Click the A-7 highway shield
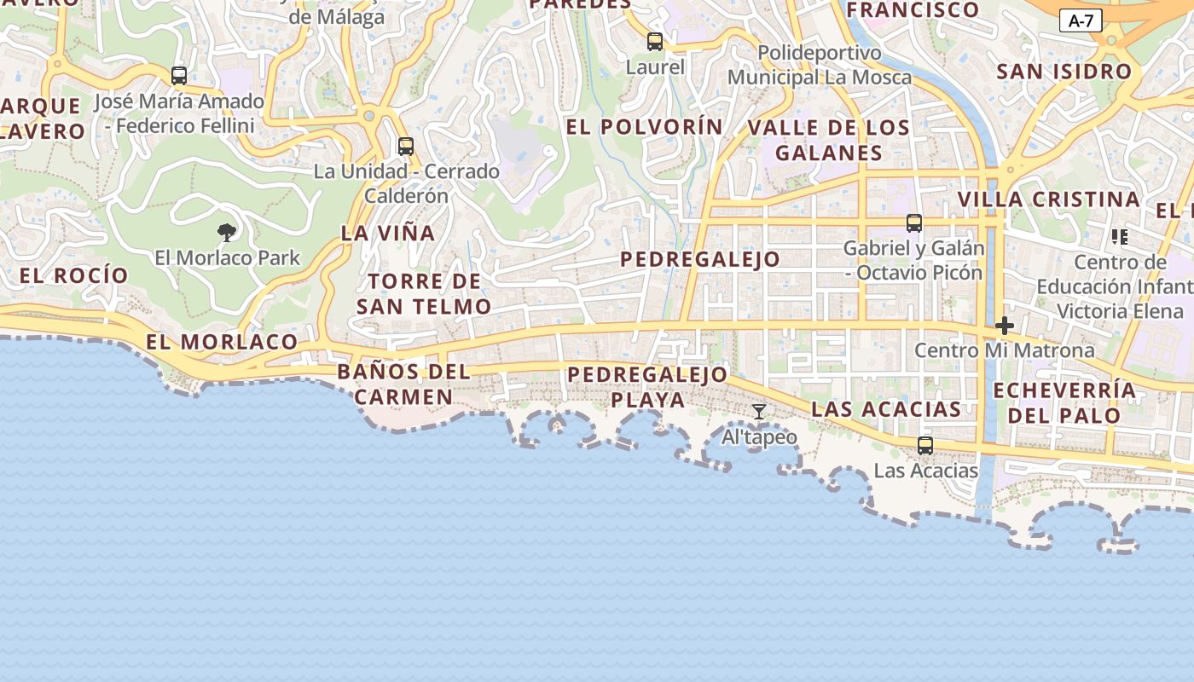click(x=1081, y=21)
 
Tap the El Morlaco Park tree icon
click(x=227, y=232)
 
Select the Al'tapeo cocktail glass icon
click(x=758, y=413)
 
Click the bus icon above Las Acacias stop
click(x=924, y=445)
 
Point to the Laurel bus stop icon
click(x=654, y=41)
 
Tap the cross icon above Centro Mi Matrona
click(x=1005, y=325)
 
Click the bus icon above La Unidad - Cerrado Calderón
click(x=406, y=147)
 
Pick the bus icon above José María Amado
click(x=179, y=76)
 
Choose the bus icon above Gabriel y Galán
click(x=913, y=223)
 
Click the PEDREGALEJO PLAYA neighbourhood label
click(x=647, y=387)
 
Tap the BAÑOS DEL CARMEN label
click(x=403, y=384)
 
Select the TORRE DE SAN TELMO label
click(x=424, y=293)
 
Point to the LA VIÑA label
click(x=388, y=233)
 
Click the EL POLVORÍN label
click(x=644, y=127)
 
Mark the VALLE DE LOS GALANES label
click(x=828, y=141)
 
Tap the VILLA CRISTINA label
click(x=1048, y=199)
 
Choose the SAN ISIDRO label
click(x=1064, y=72)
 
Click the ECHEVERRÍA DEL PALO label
click(x=1064, y=403)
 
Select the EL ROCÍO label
click(x=73, y=275)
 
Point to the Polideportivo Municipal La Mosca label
click(x=819, y=65)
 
